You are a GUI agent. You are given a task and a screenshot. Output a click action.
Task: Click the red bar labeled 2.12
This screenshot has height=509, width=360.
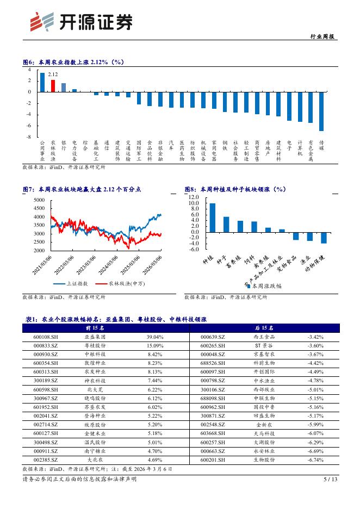coord(53,86)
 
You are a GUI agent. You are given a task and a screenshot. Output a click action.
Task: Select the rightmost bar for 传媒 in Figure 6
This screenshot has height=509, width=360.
coord(321,111)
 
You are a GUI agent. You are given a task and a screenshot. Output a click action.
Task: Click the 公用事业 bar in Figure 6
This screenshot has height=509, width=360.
coord(42,82)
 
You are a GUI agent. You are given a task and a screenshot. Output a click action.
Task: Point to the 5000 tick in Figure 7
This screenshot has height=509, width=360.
coord(38,200)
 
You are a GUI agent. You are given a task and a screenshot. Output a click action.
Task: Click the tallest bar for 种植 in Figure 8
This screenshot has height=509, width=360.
coord(213,218)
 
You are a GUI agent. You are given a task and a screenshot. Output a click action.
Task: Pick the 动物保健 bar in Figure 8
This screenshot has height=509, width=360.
coord(324,238)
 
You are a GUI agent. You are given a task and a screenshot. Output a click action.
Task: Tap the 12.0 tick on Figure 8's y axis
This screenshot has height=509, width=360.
coord(194,197)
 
